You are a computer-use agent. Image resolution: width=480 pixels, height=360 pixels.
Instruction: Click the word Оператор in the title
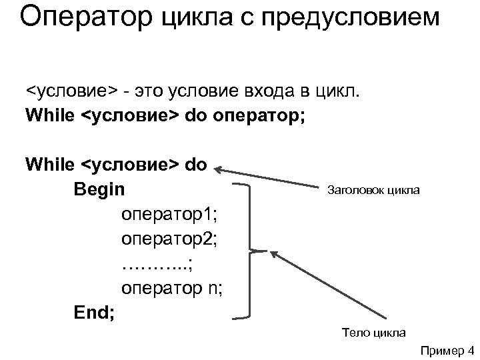(86, 17)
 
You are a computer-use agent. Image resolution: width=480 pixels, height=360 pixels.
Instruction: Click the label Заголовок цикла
(373, 191)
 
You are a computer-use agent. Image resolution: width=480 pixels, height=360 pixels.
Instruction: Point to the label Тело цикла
(373, 331)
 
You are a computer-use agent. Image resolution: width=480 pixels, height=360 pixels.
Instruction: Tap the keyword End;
(95, 311)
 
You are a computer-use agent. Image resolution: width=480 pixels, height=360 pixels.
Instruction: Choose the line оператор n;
(172, 288)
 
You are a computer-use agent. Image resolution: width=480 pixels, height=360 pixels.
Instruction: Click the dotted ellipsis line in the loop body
(157, 264)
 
